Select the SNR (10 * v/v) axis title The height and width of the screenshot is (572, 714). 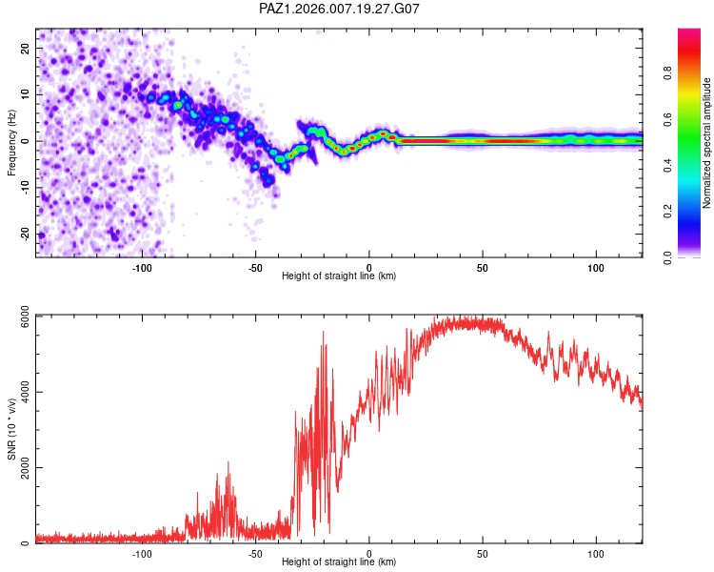(12, 429)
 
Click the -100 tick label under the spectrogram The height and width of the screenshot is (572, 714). (142, 268)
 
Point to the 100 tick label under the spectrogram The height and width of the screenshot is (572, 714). (596, 268)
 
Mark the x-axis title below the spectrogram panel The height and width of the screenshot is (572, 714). (339, 276)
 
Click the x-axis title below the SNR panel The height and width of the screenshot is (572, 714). (339, 562)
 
